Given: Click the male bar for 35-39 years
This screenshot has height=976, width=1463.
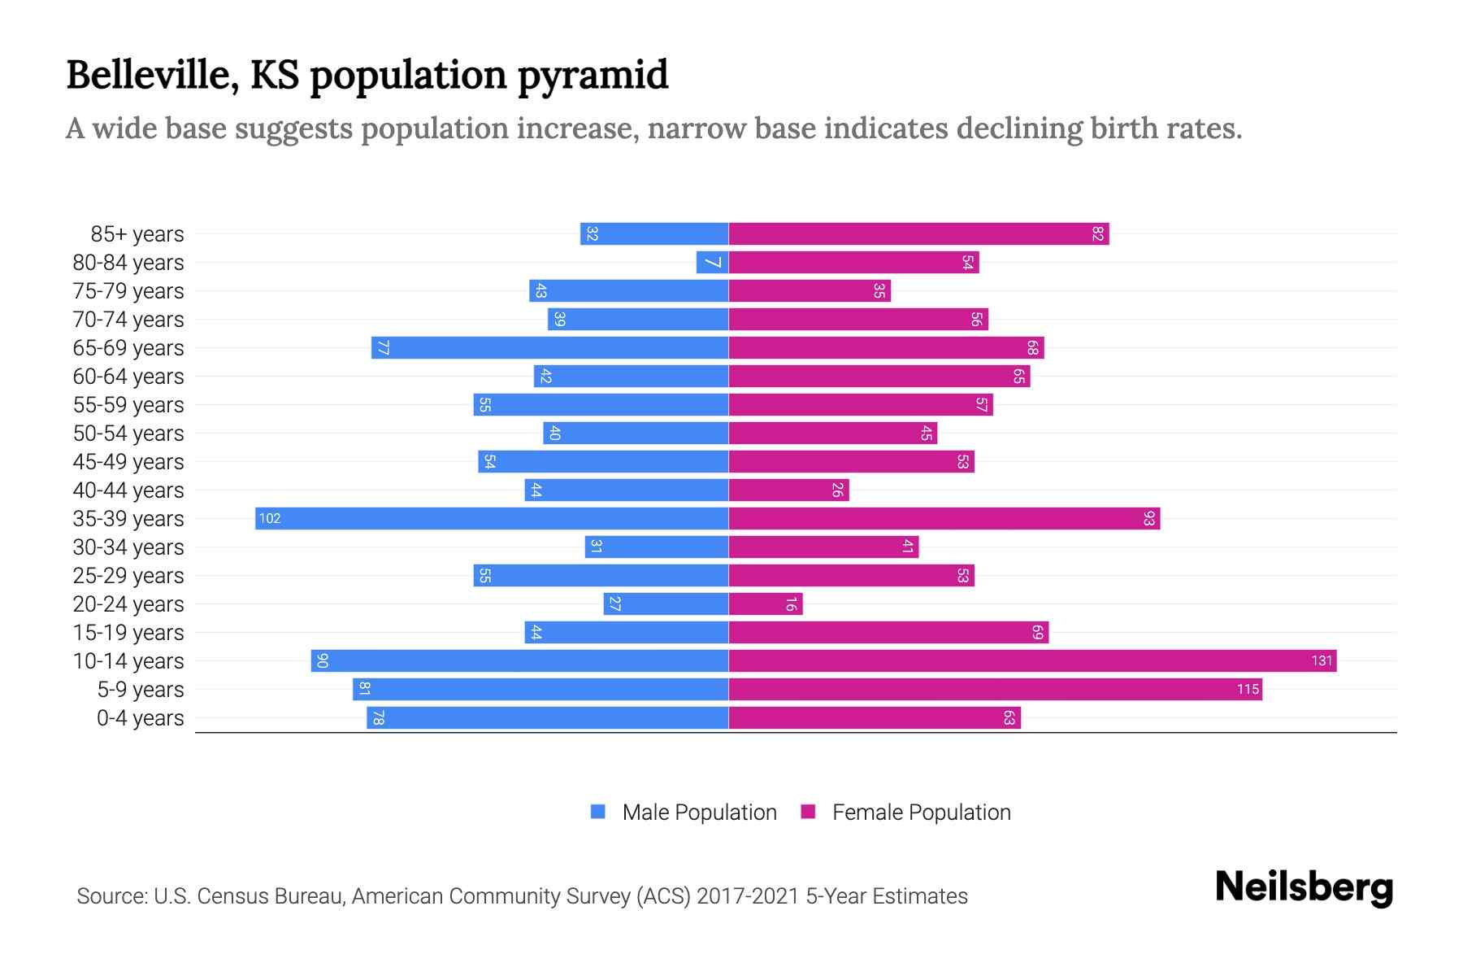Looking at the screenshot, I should (492, 519).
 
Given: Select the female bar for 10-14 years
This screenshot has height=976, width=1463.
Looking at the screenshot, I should (1032, 661).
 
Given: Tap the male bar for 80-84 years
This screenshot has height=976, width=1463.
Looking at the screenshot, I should (712, 263).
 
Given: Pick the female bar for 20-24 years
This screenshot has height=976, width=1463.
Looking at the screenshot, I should (765, 604).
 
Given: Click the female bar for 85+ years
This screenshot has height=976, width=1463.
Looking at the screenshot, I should (918, 234).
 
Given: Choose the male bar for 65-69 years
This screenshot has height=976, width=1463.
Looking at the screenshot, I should (549, 348).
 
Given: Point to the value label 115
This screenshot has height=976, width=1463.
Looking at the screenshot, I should (1248, 690).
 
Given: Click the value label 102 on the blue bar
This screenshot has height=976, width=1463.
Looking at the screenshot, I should (270, 519).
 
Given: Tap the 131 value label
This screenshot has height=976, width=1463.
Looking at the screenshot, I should (1322, 661).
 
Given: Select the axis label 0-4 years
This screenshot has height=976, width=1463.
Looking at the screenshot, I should (140, 718).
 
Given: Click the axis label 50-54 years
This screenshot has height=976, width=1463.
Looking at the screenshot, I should (128, 434).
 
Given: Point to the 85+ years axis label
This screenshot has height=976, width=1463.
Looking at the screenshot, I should (137, 234).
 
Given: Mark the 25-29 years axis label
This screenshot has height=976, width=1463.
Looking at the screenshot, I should (128, 576).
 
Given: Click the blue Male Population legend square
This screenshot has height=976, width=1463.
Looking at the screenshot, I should (598, 812).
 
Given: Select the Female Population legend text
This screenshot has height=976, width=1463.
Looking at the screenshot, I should (921, 813).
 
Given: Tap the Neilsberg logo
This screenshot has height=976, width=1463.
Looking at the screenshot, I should (1304, 887).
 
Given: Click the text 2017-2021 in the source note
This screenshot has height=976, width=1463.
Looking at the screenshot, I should (748, 896).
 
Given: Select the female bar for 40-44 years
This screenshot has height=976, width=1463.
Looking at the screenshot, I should (788, 490).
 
